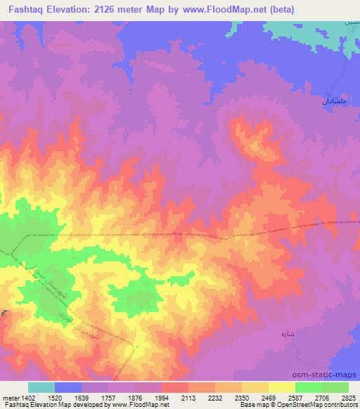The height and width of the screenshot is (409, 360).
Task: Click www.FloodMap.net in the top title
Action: coord(224,9)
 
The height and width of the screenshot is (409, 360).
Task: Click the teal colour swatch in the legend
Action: coord(41,387)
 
